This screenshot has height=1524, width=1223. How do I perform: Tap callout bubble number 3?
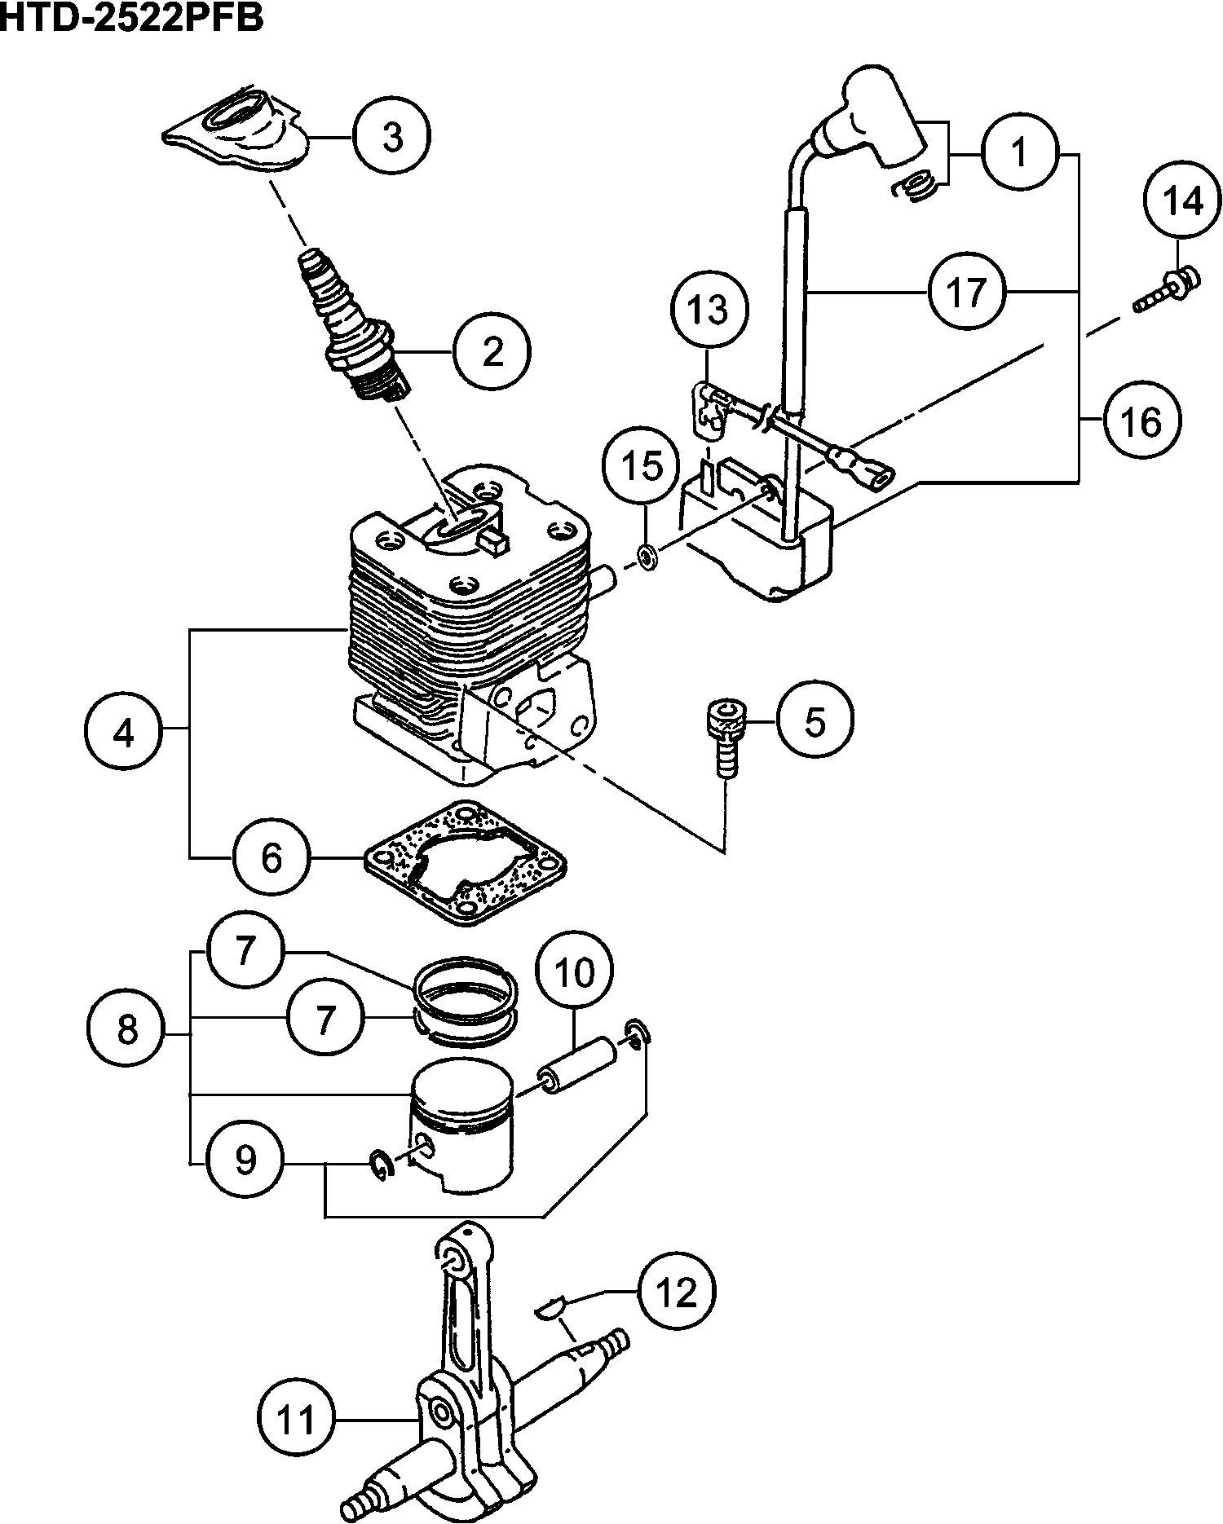392,138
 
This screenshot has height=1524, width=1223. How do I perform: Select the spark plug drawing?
352,326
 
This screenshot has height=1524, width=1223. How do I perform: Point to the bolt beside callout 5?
724,735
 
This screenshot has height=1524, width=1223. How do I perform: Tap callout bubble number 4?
122,733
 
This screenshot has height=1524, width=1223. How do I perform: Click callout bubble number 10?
574,972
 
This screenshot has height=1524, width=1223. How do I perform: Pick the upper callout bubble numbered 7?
245,950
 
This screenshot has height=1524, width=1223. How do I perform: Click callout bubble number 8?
127,1031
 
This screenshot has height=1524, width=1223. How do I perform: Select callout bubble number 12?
677,1292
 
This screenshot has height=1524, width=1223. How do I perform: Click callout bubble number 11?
297,1420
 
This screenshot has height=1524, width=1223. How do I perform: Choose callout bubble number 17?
967,292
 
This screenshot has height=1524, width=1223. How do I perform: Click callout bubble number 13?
709,310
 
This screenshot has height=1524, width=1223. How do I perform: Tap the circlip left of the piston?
382,1165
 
